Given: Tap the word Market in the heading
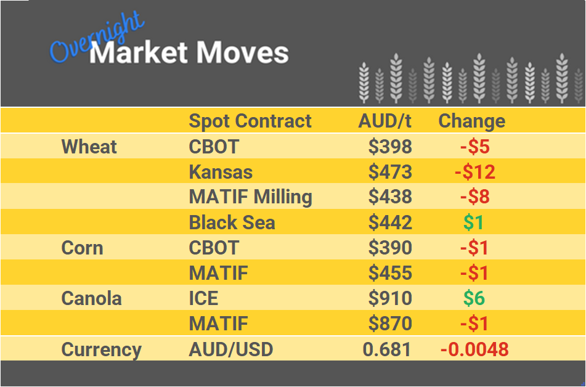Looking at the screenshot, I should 138,53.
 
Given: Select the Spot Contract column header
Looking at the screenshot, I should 250,121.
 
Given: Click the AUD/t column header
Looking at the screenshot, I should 385,121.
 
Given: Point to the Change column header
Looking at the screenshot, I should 471,121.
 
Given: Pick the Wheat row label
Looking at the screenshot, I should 89,147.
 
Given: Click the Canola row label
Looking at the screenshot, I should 91,299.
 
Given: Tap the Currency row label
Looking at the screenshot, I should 102,349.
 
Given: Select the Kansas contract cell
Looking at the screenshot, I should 221,172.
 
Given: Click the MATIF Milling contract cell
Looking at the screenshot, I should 250,197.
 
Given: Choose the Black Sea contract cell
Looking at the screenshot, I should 232,222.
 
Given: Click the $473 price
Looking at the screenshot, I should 390,172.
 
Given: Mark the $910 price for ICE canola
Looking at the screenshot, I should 390,299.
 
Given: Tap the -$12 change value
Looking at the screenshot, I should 475,172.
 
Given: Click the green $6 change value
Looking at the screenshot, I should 474,299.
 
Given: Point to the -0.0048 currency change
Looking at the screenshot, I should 474,349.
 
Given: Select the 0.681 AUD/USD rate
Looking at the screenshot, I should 387,349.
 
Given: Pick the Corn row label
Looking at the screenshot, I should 82,248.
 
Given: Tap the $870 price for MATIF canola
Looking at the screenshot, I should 390,324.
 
